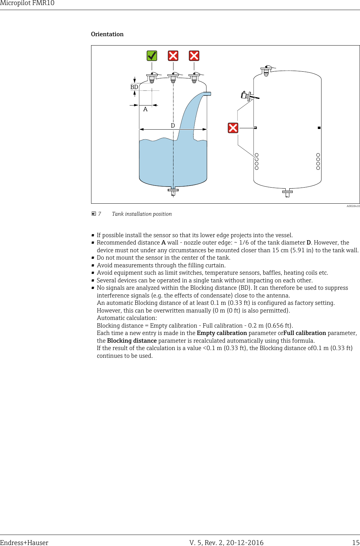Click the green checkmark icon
coord(152,56)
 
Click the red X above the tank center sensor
coord(173,56)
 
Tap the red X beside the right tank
coord(233,128)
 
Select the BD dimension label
coord(134,87)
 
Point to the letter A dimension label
coord(145,109)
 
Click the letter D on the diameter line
coord(173,126)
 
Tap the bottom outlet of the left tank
coord(173,191)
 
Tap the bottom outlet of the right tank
coord(287,193)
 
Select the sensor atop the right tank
coord(266,71)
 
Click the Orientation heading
coord(107,34)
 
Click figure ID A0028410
coord(353,206)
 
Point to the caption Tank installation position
coord(142,214)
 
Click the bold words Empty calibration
coord(222,333)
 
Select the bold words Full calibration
coord(304,333)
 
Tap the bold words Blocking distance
coord(132,341)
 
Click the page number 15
coord(356,543)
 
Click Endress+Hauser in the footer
coord(24,543)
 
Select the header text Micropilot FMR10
coord(27,3)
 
